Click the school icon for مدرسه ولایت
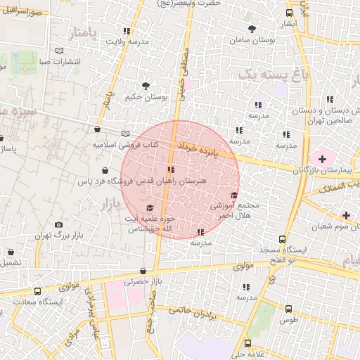tap(127, 32)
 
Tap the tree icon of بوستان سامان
tap(252, 29)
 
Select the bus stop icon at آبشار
tap(289, 13)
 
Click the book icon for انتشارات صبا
tap(59, 51)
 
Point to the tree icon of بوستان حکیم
tap(146, 86)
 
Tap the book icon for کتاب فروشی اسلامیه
tap(125, 133)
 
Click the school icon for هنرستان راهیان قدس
tap(171, 169)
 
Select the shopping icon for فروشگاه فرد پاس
tap(105, 170)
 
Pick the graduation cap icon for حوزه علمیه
tap(148, 208)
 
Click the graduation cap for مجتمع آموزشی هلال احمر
tap(234, 195)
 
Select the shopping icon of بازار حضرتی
tap(143, 270)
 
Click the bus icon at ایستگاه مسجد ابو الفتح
tap(282, 240)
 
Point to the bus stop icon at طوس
tap(288, 308)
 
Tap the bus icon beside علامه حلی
tap(248, 343)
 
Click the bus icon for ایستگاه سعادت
tap(38, 290)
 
